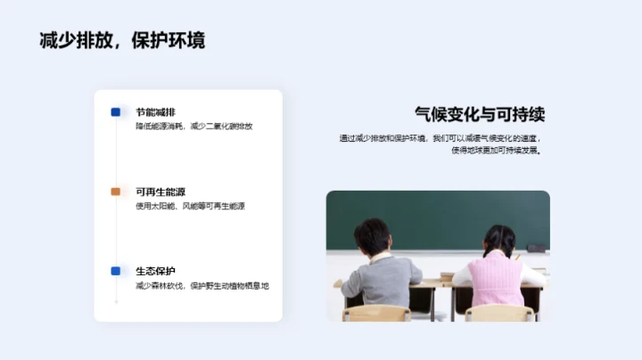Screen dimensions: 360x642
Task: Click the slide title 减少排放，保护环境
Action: point(122,41)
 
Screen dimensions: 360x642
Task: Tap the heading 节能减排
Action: point(155,112)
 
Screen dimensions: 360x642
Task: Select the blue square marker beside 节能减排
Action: point(116,112)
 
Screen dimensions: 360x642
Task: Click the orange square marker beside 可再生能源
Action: point(116,192)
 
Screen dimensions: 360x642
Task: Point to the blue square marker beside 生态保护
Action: point(116,271)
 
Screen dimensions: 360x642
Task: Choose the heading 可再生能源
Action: point(160,192)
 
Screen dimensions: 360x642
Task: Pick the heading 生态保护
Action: point(155,271)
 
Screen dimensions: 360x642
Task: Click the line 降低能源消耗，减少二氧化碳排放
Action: point(193,127)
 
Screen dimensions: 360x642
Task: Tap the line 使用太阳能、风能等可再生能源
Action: point(190,206)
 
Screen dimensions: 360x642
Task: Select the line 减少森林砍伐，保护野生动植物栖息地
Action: point(202,285)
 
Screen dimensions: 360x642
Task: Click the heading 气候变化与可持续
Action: point(480,114)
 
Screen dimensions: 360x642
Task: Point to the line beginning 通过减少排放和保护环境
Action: point(440,138)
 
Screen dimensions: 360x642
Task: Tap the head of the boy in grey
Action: point(372,236)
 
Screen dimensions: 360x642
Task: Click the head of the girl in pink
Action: point(500,240)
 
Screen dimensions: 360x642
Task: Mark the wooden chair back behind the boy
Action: point(377,313)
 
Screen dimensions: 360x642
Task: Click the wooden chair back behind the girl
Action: point(500,313)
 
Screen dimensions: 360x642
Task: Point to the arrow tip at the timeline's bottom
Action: point(116,304)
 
